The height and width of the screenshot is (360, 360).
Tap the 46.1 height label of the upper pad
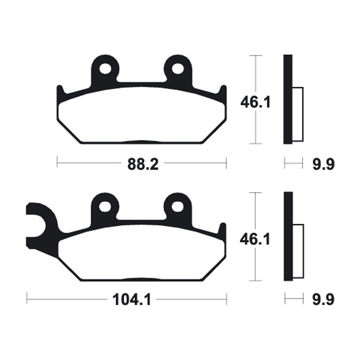[x=255, y=103]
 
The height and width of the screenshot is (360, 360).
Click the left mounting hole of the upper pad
[x=106, y=69]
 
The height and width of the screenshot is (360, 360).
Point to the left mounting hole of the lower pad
[x=106, y=206]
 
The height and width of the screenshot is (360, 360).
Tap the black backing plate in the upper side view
[x=288, y=99]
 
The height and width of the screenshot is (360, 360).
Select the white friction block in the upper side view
[x=298, y=113]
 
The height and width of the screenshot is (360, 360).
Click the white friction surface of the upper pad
[x=142, y=115]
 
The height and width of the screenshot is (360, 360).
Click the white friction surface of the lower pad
[x=142, y=252]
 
